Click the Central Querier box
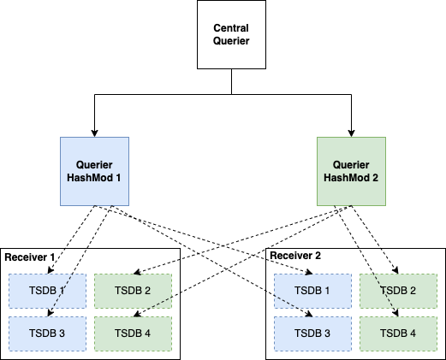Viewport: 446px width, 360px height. point(231,34)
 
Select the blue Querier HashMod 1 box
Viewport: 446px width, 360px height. point(94,171)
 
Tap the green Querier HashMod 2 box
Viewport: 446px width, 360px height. point(351,171)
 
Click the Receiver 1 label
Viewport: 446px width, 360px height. point(30,257)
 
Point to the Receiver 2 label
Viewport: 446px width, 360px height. point(295,256)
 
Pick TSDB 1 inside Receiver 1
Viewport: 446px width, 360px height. point(47,291)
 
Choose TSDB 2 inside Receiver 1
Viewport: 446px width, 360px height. point(133,291)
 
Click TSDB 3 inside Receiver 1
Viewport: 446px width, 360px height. point(47,333)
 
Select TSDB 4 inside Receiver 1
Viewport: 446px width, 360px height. point(133,333)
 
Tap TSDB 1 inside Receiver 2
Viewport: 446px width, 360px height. point(312,291)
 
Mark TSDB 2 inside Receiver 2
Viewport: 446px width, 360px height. point(398,291)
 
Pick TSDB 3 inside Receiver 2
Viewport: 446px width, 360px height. point(312,333)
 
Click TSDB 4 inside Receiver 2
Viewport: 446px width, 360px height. point(398,333)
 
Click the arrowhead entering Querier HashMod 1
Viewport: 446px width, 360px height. point(94,133)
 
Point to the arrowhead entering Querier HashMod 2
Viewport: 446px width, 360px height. point(351,133)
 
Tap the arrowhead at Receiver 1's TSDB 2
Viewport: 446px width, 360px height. point(137,272)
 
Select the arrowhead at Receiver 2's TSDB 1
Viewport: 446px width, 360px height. point(309,272)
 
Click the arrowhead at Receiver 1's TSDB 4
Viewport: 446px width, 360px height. point(137,314)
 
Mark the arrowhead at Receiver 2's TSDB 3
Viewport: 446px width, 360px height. point(309,314)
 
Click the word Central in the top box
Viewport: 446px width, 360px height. point(231,28)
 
